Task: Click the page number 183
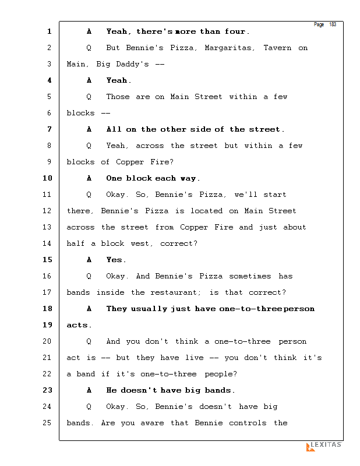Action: coord(333,24)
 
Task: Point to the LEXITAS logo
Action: coord(324,446)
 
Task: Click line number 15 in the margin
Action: coord(47,260)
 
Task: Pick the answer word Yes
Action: coord(116,260)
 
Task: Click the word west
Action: coord(138,243)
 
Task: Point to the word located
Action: coord(207,211)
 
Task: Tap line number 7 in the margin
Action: coord(50,129)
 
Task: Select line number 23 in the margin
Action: coord(47,390)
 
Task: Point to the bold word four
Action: coord(237,31)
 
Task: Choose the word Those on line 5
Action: coord(118,97)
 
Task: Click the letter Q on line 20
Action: coord(89,341)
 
